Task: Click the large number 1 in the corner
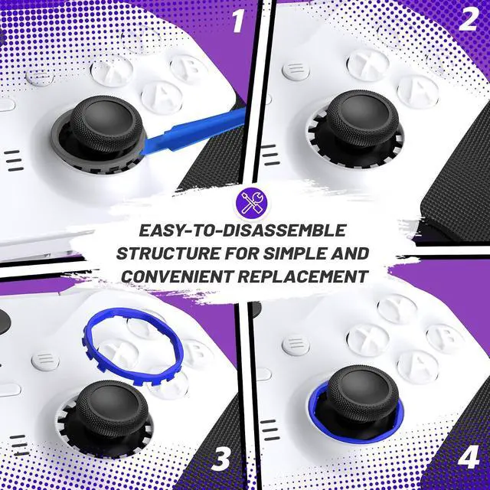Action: pyautogui.click(x=238, y=21)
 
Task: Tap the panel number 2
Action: pyautogui.click(x=468, y=19)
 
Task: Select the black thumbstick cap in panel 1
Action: pyautogui.click(x=106, y=123)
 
